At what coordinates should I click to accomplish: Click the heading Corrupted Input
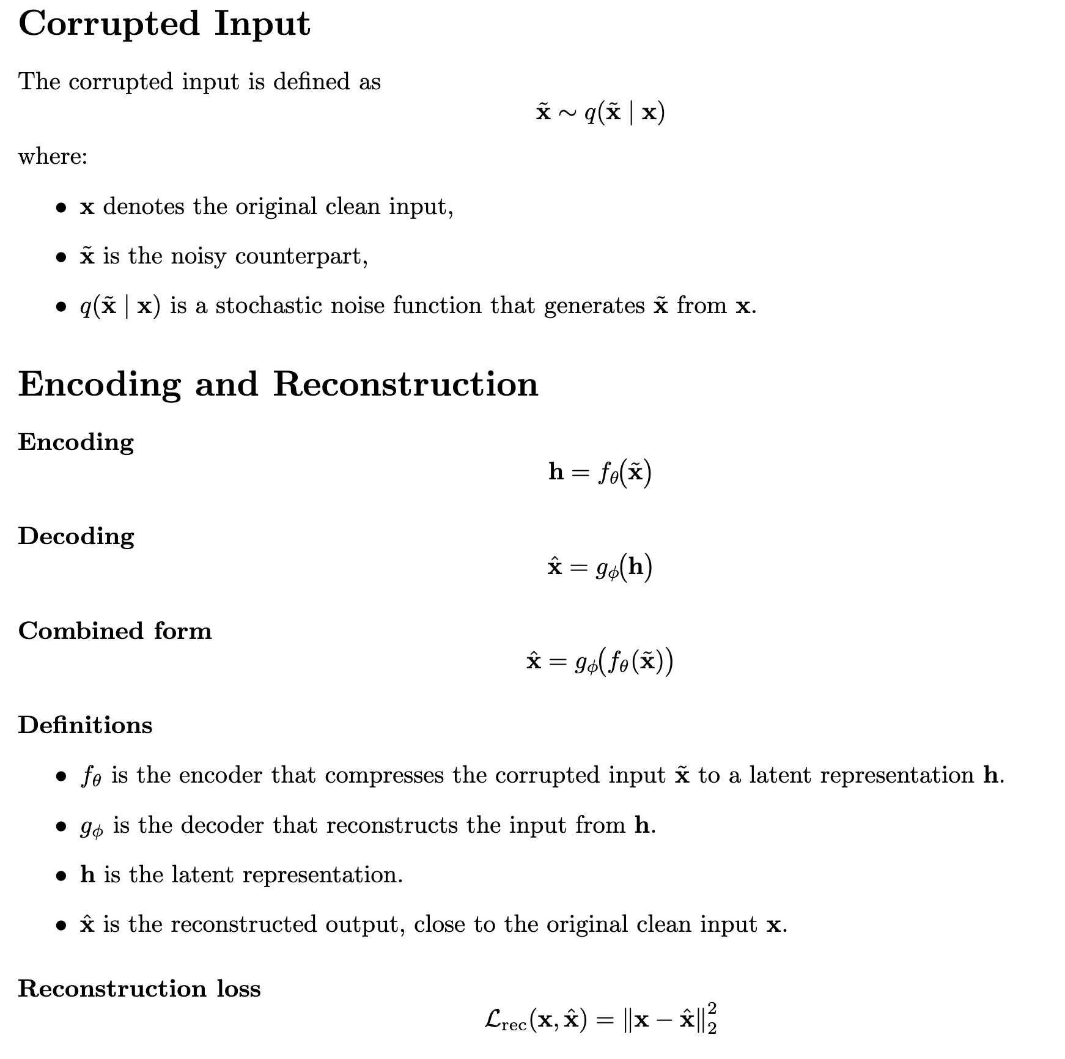tap(164, 24)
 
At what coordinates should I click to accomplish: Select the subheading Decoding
tap(76, 536)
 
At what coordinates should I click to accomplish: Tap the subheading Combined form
tap(115, 630)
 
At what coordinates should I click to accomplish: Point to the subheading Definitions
tap(85, 725)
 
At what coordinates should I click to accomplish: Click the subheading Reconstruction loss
tap(139, 988)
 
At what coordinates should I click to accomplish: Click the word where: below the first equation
tap(53, 157)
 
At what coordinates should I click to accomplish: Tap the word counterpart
tap(301, 256)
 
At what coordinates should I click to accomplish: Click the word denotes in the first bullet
tap(144, 207)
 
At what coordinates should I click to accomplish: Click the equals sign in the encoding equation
tap(581, 473)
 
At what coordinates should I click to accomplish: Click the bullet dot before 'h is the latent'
tap(61, 876)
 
